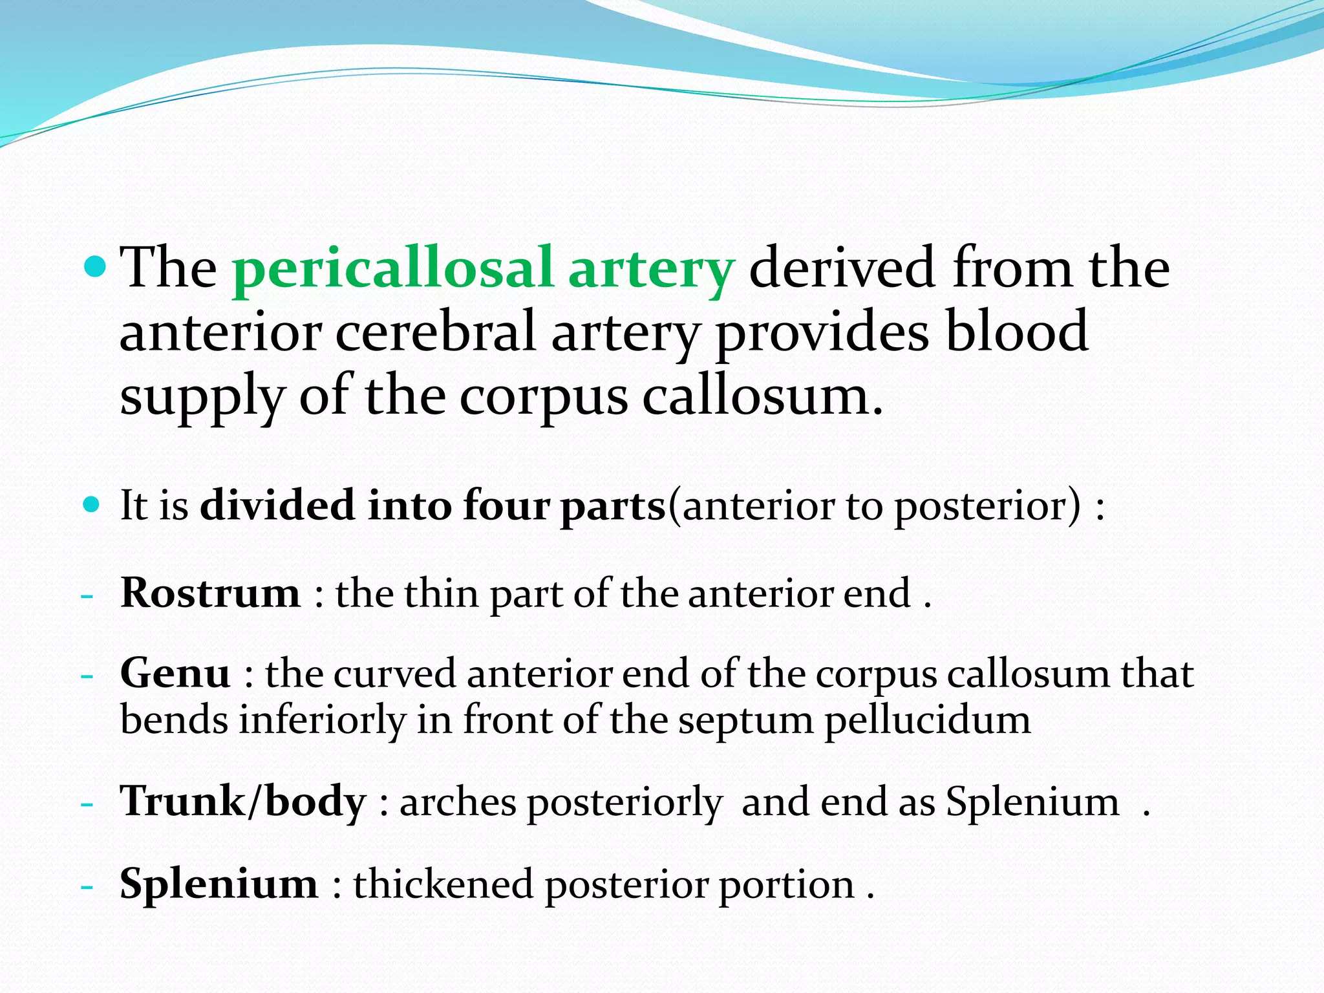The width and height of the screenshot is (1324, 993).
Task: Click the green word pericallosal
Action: click(392, 269)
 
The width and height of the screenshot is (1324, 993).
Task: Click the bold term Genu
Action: click(175, 674)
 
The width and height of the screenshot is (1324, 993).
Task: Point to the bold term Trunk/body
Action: click(244, 802)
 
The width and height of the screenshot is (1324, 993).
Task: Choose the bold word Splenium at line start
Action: click(219, 884)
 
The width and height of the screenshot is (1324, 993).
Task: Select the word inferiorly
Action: click(322, 721)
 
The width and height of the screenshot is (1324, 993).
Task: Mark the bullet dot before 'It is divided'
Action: click(92, 504)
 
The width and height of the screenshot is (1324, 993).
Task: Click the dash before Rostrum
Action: click(87, 595)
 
